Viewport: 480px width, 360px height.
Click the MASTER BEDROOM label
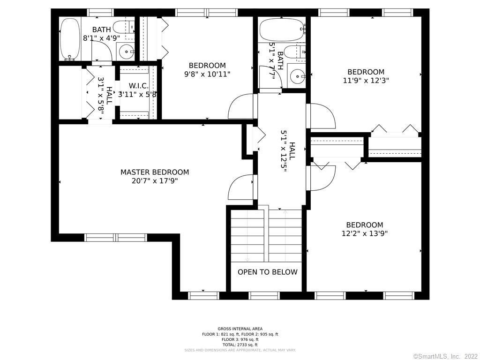pos(155,172)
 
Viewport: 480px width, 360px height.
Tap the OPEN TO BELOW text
pos(267,272)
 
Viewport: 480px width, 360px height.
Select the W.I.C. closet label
pos(138,86)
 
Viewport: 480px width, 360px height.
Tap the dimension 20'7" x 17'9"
pos(155,180)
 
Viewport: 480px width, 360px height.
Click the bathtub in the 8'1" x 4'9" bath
pos(70,39)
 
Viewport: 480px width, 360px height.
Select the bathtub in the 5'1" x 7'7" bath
pos(280,30)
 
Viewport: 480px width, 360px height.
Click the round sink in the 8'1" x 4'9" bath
pos(125,51)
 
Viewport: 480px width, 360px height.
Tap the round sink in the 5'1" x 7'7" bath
pos(297,75)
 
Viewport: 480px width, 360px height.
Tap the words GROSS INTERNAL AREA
pos(240,329)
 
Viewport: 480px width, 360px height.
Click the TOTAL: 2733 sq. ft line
pos(240,345)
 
